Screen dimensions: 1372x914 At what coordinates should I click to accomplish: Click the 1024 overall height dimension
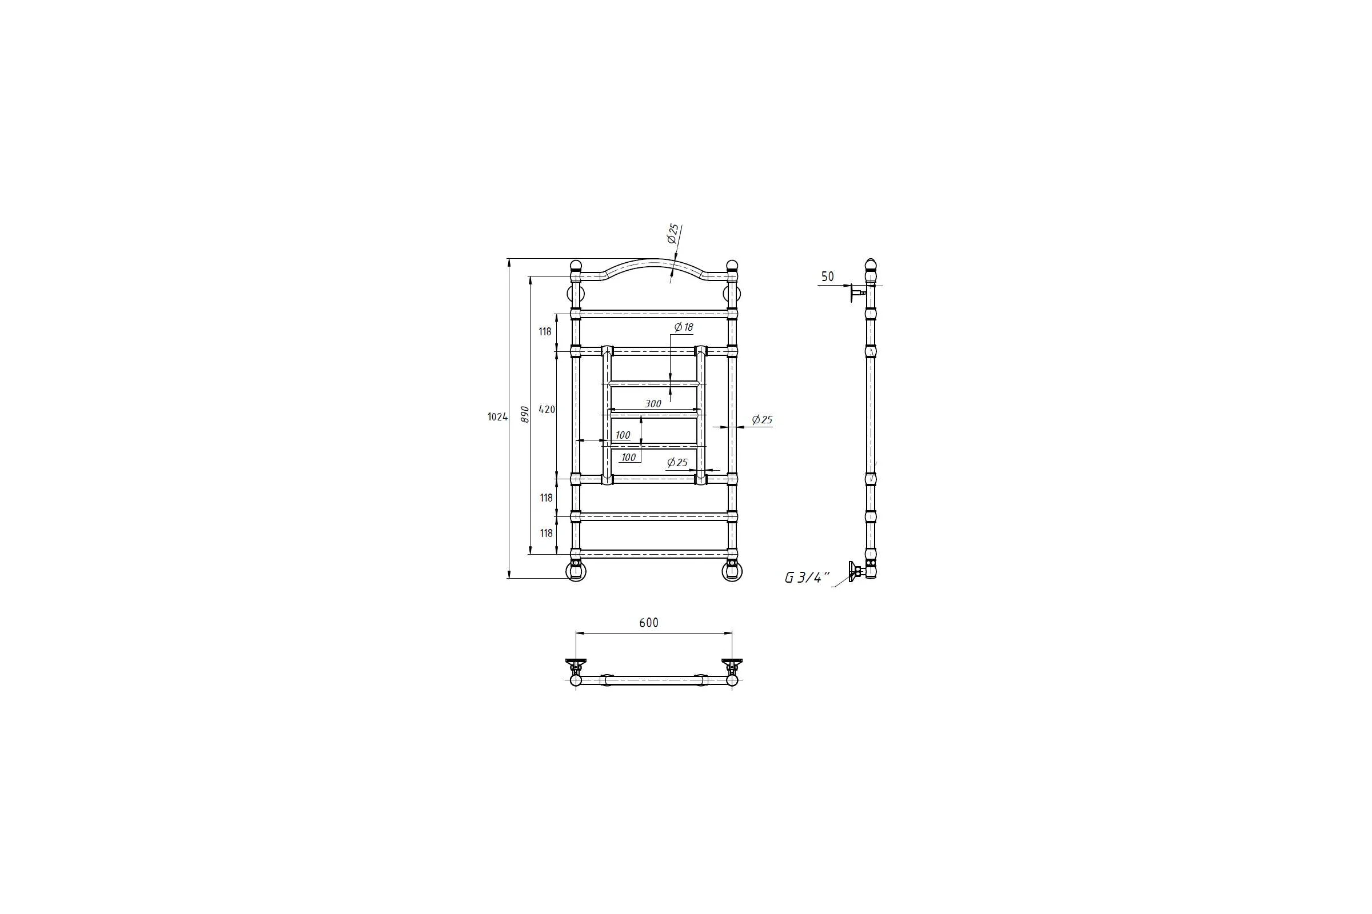point(497,417)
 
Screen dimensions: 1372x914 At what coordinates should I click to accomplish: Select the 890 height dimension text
point(524,415)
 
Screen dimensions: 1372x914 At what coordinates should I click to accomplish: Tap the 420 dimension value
point(547,410)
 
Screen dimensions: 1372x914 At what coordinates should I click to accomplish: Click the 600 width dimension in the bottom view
point(649,623)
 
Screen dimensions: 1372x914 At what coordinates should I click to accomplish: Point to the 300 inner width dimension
point(653,403)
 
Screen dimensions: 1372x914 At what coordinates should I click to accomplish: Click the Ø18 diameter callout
point(683,327)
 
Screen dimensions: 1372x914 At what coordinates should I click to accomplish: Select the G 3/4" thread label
point(807,578)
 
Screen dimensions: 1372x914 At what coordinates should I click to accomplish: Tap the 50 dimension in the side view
point(827,277)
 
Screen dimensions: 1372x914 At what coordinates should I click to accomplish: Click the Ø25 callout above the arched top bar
point(673,233)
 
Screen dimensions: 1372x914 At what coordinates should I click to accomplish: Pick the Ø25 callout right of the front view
point(762,420)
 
